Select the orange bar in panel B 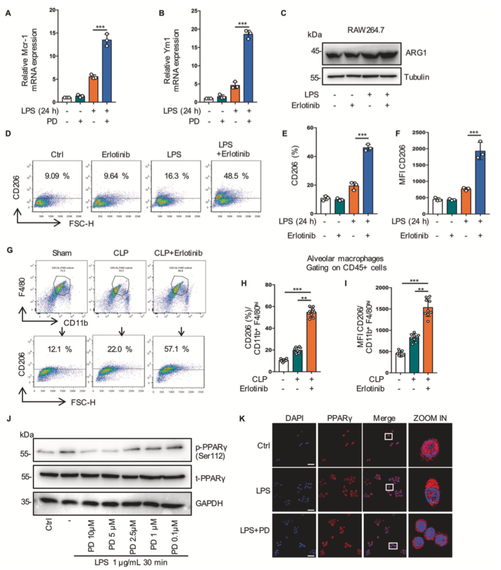click(235, 93)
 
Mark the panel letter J click(7, 420)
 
